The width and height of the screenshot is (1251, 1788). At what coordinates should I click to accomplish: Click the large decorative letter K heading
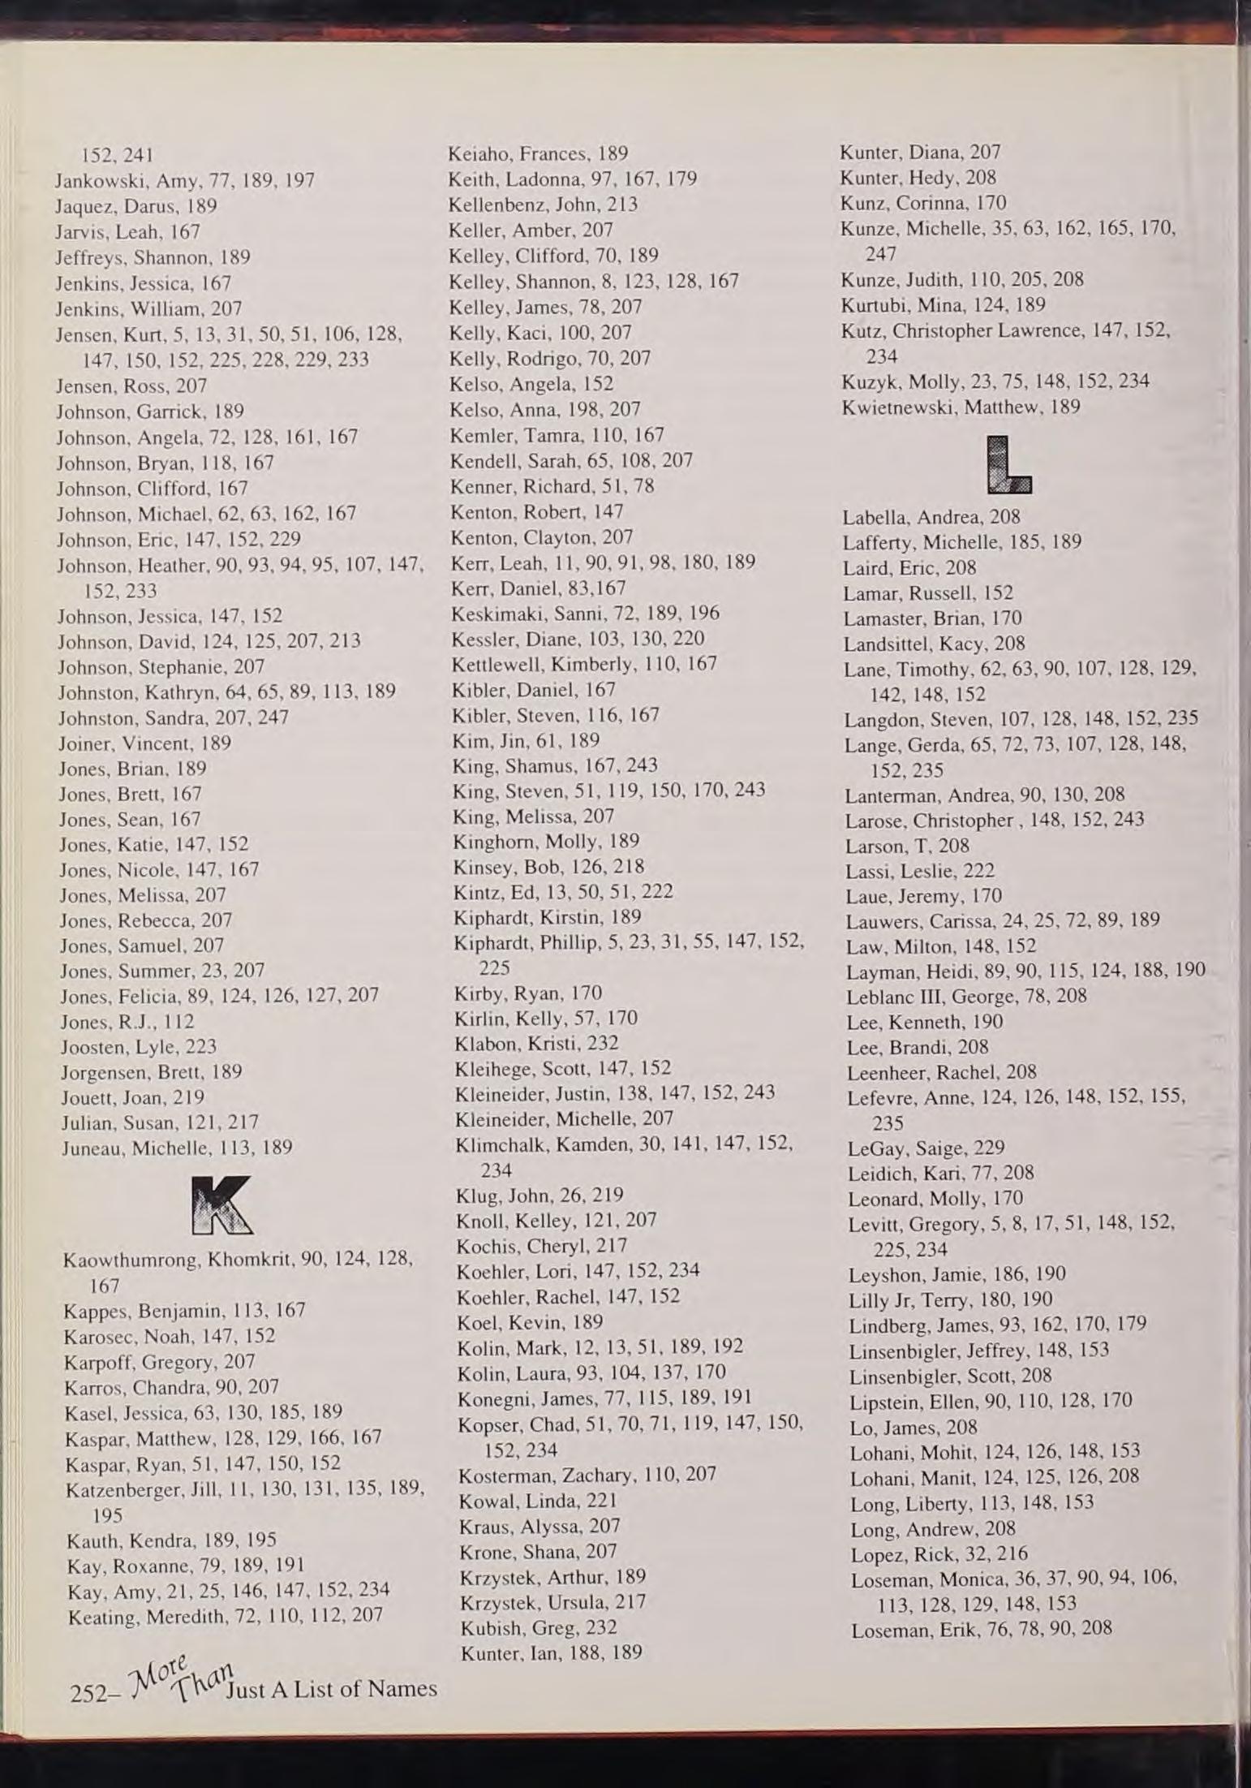221,1205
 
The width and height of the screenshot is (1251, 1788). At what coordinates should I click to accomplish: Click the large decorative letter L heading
1009,466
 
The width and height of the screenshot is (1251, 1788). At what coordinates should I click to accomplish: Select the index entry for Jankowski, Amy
184,180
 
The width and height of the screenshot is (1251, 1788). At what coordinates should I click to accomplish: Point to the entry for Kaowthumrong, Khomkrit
238,1260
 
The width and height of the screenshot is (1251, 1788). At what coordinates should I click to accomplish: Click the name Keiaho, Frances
538,153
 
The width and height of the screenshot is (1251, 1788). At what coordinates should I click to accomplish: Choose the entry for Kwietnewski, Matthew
961,407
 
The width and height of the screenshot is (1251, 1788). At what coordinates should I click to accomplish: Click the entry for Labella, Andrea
931,517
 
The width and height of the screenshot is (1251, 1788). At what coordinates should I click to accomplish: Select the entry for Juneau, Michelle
177,1148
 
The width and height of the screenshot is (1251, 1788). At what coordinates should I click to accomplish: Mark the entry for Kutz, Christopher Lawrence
1006,331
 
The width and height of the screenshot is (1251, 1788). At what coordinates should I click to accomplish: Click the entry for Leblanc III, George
966,996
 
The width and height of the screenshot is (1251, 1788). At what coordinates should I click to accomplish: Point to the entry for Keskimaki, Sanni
585,613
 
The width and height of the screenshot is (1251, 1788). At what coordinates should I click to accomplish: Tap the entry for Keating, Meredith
226,1615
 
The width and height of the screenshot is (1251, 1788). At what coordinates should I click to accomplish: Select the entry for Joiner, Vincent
144,743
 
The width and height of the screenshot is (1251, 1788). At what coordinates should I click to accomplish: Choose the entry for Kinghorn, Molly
546,841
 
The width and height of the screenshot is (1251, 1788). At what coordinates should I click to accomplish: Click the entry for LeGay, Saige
926,1148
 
